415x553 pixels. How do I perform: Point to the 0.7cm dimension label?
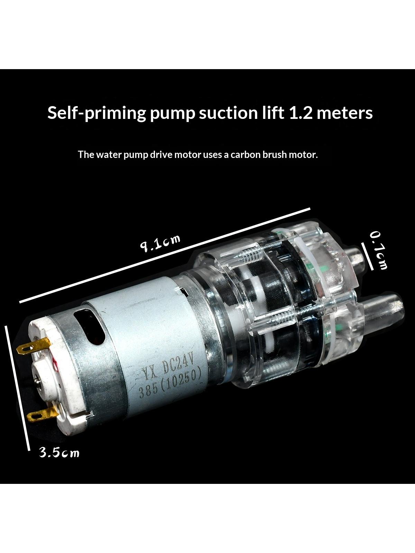378,251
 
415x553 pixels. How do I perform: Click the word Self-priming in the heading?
96,113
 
